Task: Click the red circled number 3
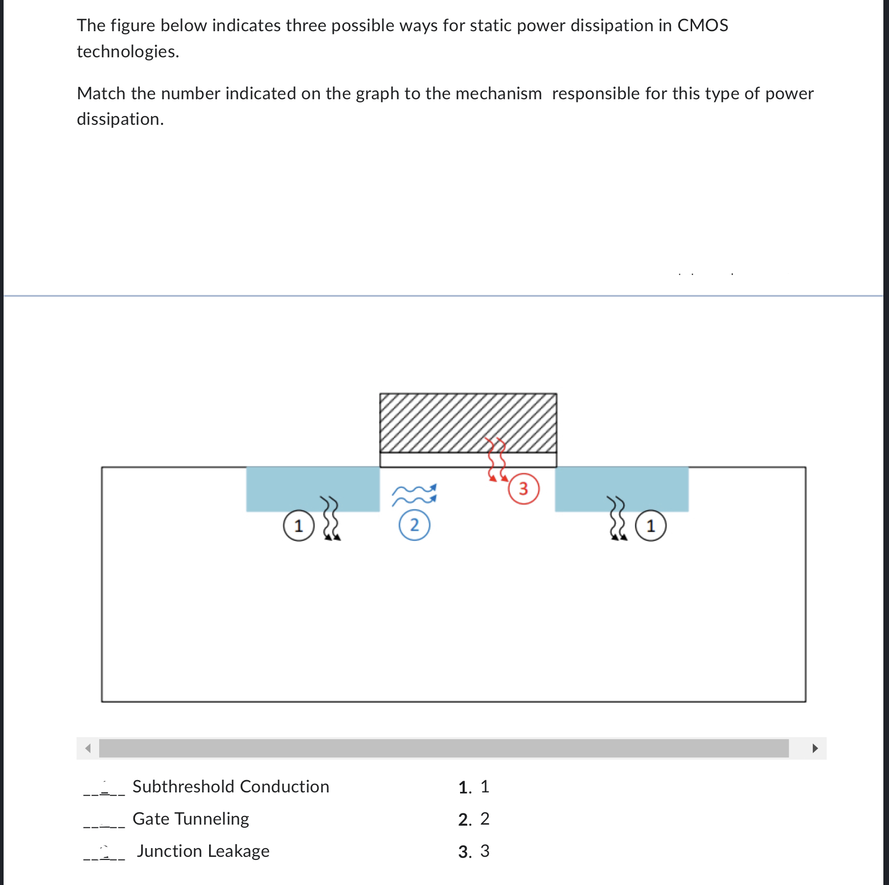click(x=523, y=489)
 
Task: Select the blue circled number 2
click(x=414, y=525)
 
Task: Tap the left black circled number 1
click(x=299, y=526)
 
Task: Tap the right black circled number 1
click(x=650, y=526)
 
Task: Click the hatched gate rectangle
click(x=468, y=423)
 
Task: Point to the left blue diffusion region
click(x=312, y=489)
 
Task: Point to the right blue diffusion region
click(x=621, y=489)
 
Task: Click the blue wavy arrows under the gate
click(x=414, y=495)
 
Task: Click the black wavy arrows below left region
click(x=331, y=518)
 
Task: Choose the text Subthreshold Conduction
click(x=231, y=787)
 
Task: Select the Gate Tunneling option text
click(x=191, y=819)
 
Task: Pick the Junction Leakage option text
click(x=203, y=851)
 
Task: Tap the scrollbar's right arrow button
click(x=815, y=748)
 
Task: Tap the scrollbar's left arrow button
click(x=88, y=748)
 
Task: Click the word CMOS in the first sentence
click(x=702, y=26)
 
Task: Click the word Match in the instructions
click(x=101, y=94)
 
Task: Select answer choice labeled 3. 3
click(x=474, y=851)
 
